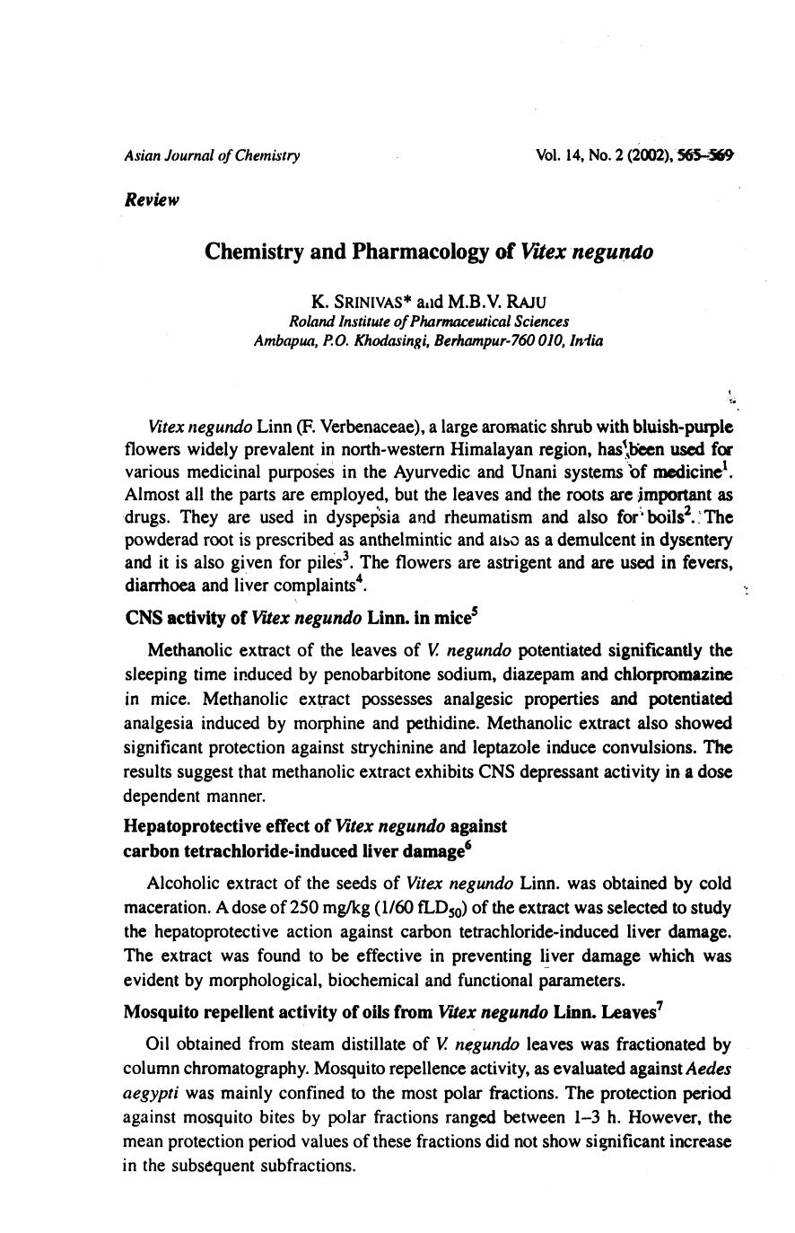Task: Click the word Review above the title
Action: (x=152, y=199)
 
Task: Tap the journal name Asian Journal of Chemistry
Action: (x=212, y=155)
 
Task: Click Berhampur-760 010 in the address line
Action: (x=499, y=340)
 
